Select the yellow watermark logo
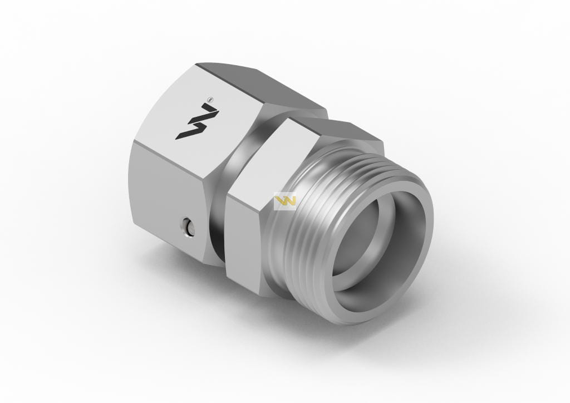(285, 201)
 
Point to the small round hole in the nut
(188, 227)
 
